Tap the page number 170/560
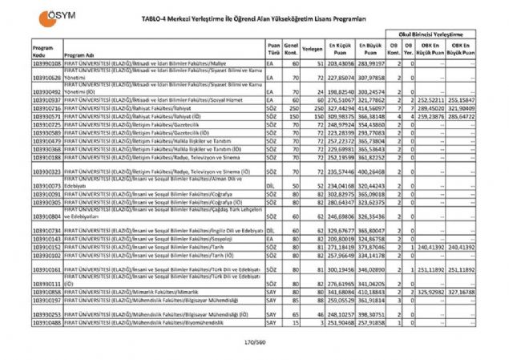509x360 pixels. tap(254, 343)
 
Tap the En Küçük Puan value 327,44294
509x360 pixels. tap(340, 107)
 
